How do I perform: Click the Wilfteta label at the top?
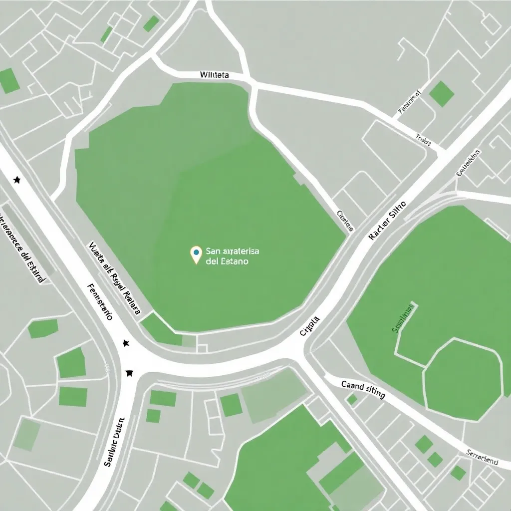(x=214, y=75)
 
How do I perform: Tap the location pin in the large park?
(x=196, y=254)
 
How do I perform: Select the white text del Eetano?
(x=227, y=261)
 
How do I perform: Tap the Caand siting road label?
(x=363, y=389)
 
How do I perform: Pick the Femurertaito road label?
(x=100, y=301)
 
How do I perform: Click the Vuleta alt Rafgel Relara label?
(x=114, y=279)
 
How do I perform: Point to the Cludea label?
(x=345, y=221)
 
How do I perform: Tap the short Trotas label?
(x=423, y=140)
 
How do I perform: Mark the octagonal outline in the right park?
(x=463, y=379)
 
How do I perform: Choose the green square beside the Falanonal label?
(x=442, y=93)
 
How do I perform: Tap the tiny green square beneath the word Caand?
(x=352, y=400)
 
